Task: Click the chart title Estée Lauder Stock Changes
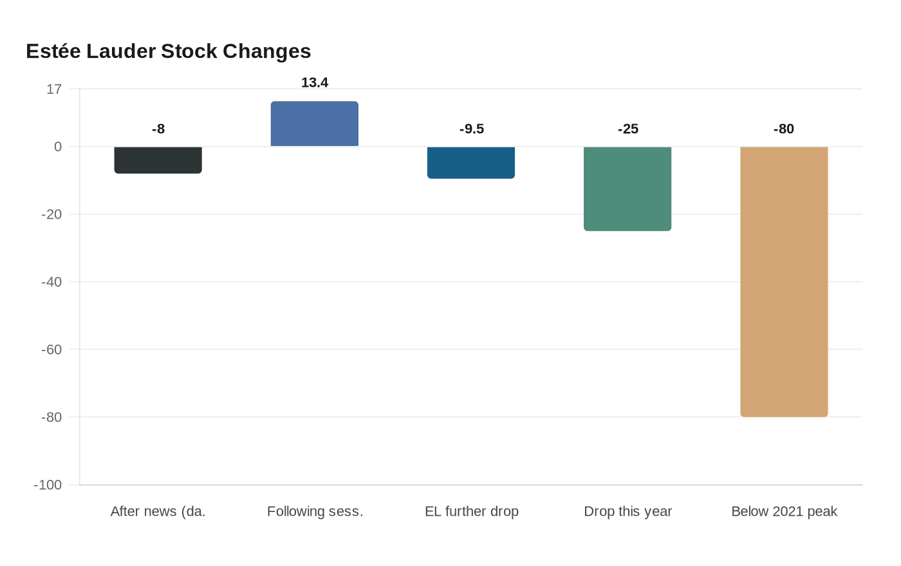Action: (169, 51)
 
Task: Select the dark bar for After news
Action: (158, 160)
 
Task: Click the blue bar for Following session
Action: (315, 124)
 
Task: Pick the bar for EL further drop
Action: (471, 163)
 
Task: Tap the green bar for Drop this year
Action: (627, 189)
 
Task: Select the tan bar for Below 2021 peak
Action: (784, 282)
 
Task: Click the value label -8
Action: (158, 129)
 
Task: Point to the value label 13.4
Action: (315, 83)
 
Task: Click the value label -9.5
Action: (472, 129)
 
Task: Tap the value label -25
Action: (628, 129)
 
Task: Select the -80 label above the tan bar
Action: (784, 129)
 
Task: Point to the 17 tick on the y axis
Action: (54, 89)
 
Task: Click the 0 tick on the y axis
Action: (58, 147)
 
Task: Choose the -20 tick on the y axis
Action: (51, 215)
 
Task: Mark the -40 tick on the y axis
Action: (51, 282)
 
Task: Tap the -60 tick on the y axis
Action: (51, 350)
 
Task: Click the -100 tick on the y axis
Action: (48, 485)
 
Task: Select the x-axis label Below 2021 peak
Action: (784, 511)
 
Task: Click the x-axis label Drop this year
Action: (627, 511)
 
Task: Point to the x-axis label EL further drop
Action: (472, 511)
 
